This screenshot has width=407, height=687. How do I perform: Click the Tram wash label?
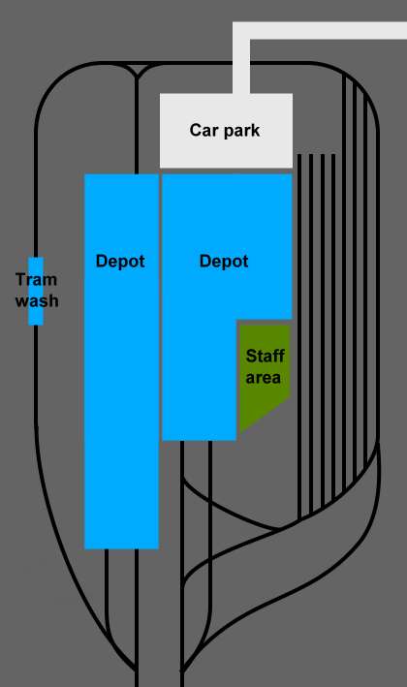pos(37,290)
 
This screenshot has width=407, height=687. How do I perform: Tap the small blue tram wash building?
pos(36,291)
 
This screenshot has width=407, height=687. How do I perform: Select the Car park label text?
pos(225,131)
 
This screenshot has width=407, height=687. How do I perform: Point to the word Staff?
pos(266,356)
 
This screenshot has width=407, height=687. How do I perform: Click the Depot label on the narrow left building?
pos(120,262)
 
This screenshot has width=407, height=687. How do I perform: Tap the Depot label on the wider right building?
pos(224,262)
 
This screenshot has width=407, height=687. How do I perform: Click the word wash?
pos(37,301)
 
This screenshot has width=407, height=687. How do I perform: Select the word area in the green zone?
pos(264,378)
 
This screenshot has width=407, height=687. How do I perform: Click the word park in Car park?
pos(241,132)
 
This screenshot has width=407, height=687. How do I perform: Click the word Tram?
pos(37,279)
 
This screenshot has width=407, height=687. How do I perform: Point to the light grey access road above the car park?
pos(320,31)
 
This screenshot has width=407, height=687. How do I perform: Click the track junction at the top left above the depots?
pos(137,76)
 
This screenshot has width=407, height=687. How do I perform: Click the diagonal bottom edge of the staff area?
pos(265,416)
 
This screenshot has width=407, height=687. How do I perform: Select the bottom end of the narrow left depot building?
pos(121,547)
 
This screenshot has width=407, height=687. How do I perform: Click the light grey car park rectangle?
pos(226,131)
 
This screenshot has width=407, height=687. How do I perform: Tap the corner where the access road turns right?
pos(241,31)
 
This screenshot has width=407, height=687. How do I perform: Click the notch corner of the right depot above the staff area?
pos(237,320)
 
